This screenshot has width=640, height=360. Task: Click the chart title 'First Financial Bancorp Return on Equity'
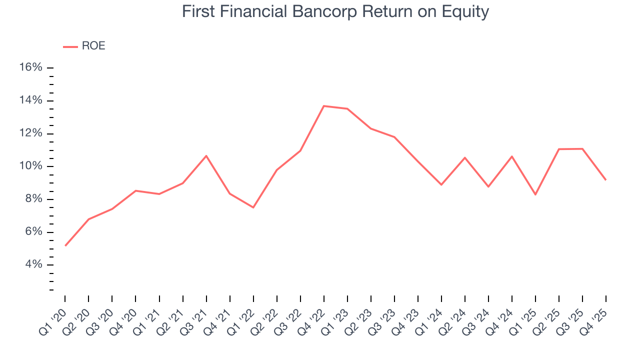coord(335,12)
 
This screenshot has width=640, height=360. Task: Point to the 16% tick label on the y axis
coord(30,67)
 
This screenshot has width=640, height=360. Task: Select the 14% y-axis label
coord(30,100)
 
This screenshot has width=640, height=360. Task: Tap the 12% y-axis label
coord(30,133)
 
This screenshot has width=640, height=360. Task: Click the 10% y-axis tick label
coord(30,166)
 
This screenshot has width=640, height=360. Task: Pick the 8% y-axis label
coord(33,199)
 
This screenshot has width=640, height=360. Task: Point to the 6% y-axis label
coord(33,232)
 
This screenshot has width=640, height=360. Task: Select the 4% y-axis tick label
coord(33,264)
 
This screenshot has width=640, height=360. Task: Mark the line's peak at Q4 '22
coord(324,106)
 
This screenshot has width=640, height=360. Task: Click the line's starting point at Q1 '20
coord(65,245)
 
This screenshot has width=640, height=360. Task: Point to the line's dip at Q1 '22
coord(253,207)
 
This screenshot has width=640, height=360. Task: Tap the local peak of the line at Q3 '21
coord(206,155)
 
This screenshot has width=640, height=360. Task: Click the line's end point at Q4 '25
coord(606,180)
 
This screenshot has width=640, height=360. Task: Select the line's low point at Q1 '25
coord(535,194)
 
